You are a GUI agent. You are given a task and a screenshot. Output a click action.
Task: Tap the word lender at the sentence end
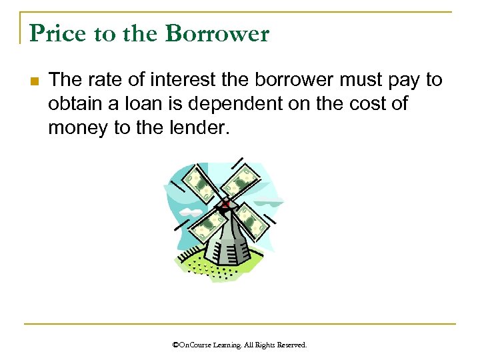coord(199,127)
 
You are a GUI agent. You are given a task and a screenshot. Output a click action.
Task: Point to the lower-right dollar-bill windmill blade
coord(252,221)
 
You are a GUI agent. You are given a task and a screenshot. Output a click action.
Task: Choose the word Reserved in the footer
coord(291,345)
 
